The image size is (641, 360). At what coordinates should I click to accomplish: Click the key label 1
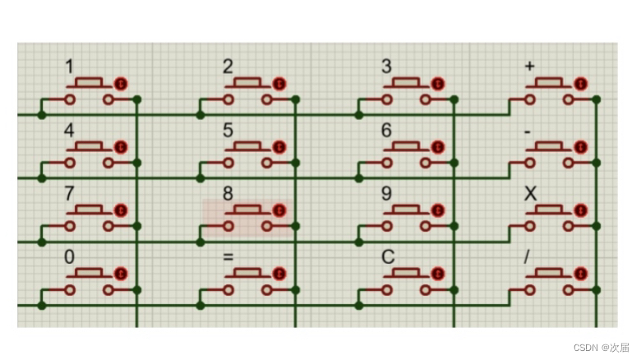click(69, 66)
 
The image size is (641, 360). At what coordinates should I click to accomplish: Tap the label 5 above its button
click(228, 131)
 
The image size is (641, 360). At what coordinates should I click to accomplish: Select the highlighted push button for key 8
click(249, 218)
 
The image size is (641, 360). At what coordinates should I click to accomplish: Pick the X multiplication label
click(530, 195)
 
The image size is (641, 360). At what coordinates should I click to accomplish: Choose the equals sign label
click(228, 258)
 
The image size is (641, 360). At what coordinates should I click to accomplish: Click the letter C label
click(387, 258)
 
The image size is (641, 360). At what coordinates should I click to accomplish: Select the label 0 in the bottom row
click(69, 258)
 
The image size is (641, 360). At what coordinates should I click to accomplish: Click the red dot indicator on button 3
click(438, 83)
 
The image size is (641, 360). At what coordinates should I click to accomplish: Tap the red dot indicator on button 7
click(122, 210)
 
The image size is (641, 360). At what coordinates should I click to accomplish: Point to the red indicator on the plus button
click(581, 83)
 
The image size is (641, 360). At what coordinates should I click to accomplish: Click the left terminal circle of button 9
click(387, 226)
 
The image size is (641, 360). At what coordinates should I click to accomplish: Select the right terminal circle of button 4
click(108, 163)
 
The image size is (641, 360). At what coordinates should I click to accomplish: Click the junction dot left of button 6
click(359, 178)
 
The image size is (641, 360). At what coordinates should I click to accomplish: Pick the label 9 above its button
click(387, 195)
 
